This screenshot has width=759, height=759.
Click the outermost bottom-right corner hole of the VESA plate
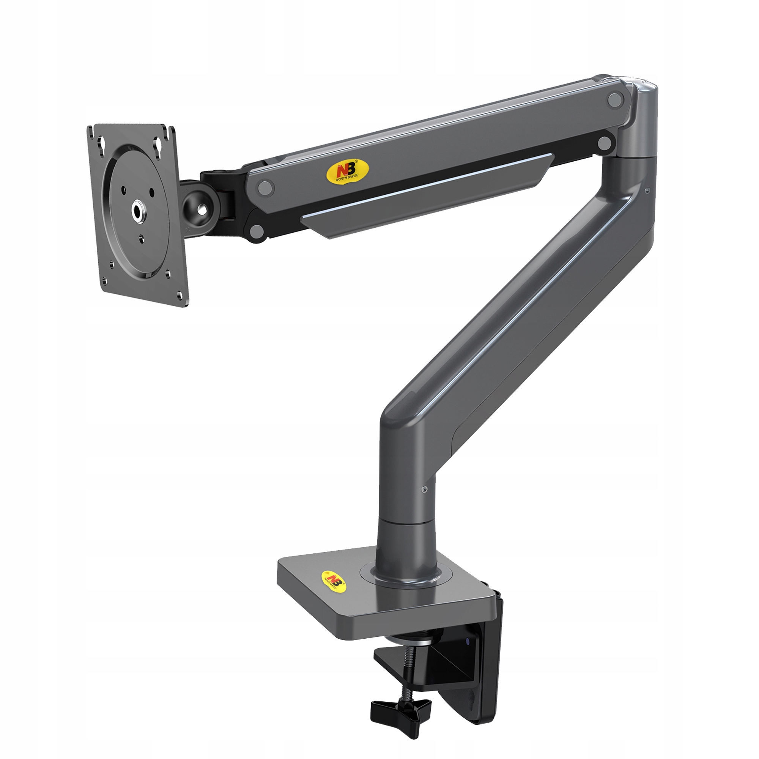coord(180,292)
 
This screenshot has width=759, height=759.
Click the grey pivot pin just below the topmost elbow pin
coord(605,144)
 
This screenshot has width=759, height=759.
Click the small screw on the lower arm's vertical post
coord(424,489)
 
